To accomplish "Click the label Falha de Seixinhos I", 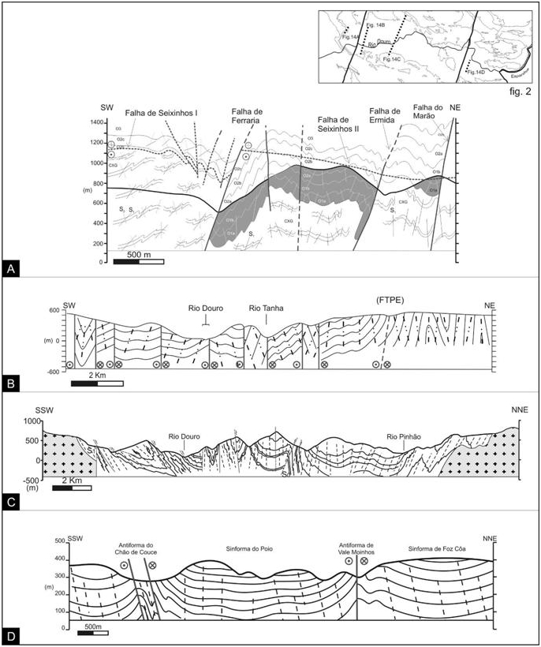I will (x=162, y=113).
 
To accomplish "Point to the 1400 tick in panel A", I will (x=97, y=123).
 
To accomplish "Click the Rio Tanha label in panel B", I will (x=265, y=308).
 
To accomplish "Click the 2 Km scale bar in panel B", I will (x=97, y=383).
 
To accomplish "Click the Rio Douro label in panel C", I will (x=184, y=436).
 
